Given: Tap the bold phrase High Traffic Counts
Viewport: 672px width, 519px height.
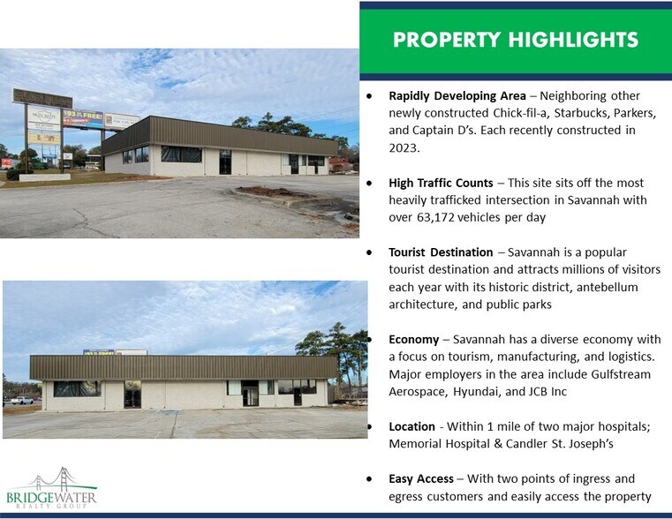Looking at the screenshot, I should click(x=441, y=183).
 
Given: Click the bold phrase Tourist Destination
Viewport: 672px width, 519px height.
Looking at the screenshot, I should click(x=445, y=252).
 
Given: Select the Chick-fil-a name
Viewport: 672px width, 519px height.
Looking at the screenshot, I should click(x=511, y=113).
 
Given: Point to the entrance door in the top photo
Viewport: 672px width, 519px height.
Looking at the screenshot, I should click(x=225, y=162).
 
